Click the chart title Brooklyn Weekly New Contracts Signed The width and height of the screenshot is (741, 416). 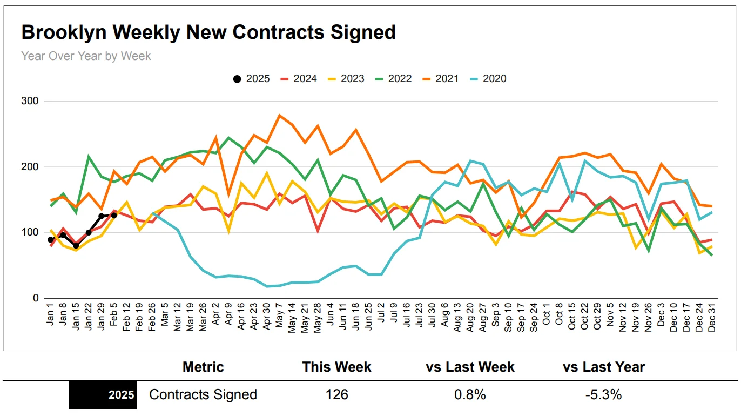pos(208,32)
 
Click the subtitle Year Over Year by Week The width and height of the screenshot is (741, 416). pos(86,56)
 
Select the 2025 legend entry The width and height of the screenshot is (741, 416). pos(252,79)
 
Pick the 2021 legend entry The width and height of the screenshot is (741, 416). pos(440,79)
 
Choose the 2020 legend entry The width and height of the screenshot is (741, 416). pos(488,79)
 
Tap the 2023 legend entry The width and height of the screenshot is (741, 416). pos(346,79)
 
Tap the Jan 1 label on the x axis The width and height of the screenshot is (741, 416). pos(51,319)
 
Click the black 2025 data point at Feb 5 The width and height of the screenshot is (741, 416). pos(114,216)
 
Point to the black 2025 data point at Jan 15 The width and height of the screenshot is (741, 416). pos(76,246)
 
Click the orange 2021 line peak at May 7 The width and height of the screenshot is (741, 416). pos(280,115)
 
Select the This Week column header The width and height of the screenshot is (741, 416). pos(336,367)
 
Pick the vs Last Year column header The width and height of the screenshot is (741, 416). pos(603,367)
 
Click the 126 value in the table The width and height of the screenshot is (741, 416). pos(336,395)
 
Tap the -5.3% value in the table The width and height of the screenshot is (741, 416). pos(603,395)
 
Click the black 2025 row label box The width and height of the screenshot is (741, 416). pos(103,395)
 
